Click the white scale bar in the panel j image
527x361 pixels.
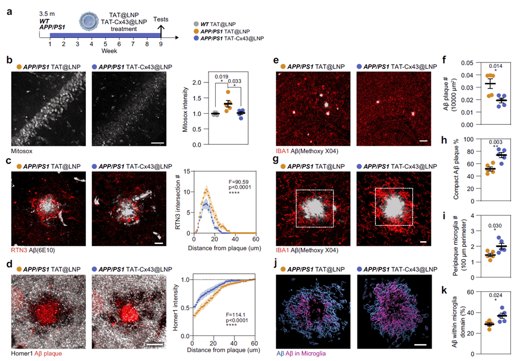[420, 345]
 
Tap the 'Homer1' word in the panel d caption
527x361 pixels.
[15, 354]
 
